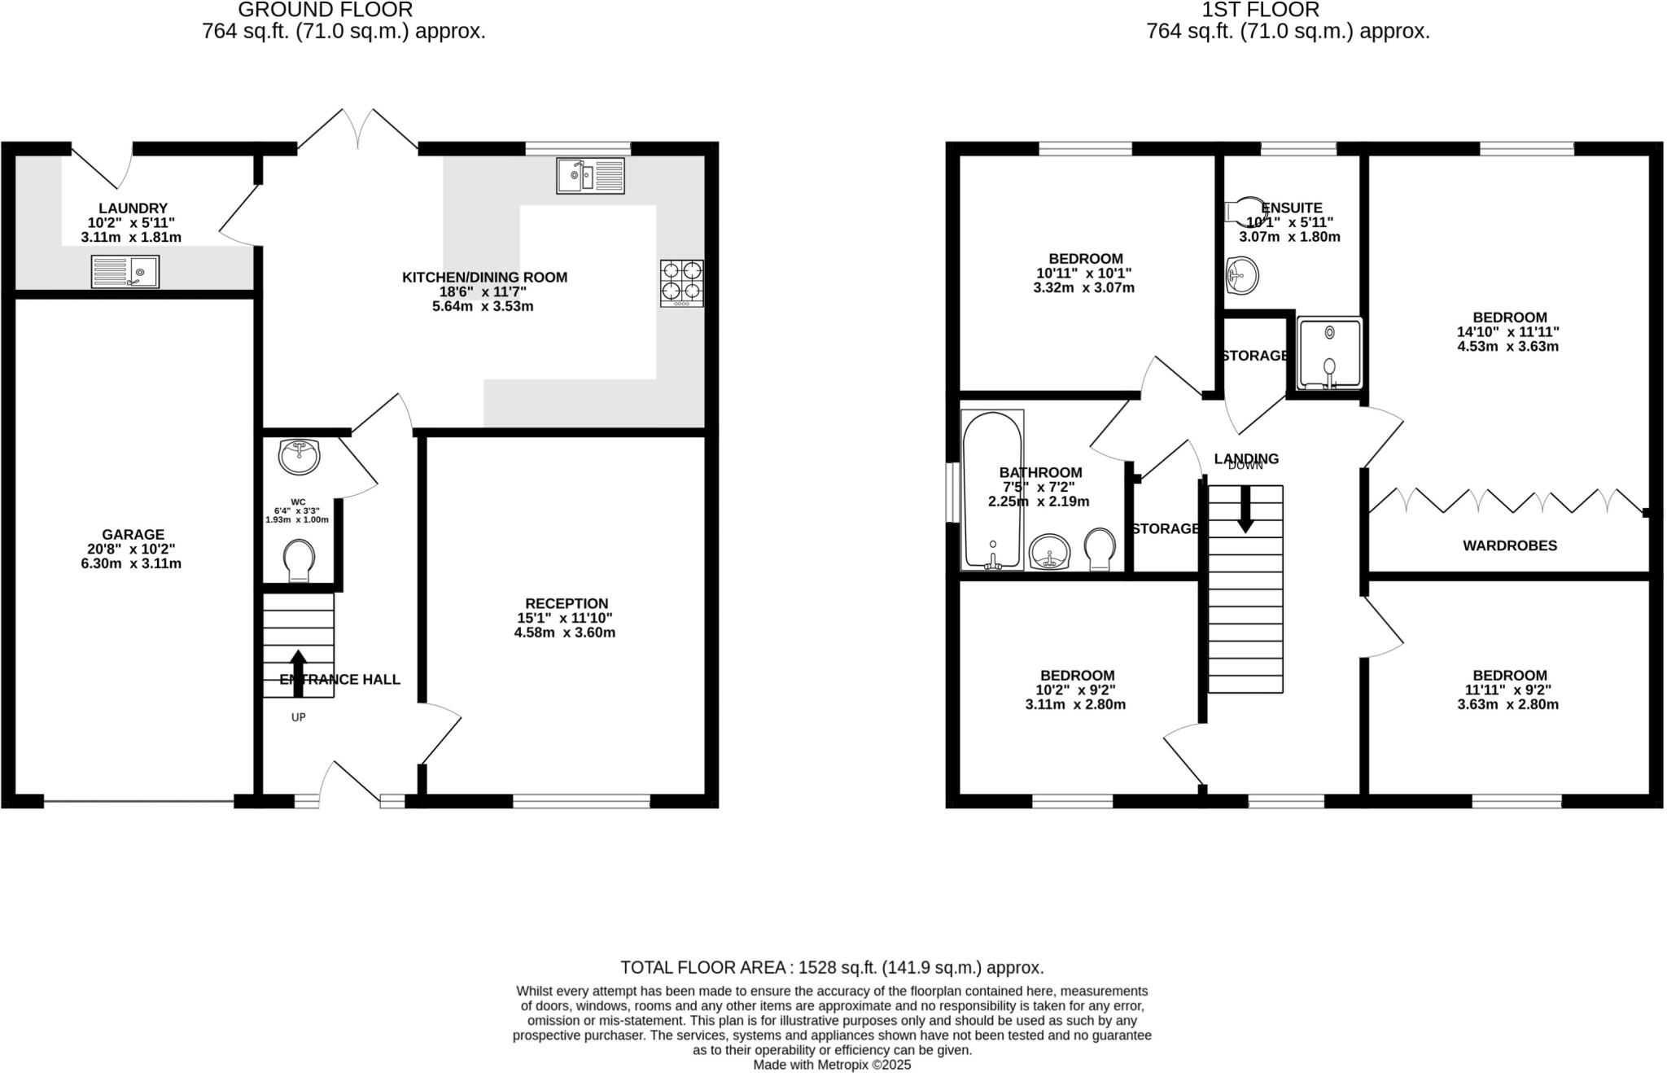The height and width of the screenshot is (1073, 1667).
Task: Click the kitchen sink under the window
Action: [x=590, y=176]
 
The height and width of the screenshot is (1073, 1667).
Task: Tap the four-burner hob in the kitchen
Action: [x=681, y=282]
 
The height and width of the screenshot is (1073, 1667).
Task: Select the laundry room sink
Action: [x=125, y=271]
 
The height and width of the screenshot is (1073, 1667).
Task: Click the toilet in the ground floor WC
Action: [x=299, y=561]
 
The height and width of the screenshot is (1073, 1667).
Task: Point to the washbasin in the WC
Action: [x=299, y=456]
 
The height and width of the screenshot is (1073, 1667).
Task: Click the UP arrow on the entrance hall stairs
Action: [x=298, y=672]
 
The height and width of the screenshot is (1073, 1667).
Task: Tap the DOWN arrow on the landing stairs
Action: [x=1245, y=510]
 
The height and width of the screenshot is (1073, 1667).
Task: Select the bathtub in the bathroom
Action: [x=991, y=490]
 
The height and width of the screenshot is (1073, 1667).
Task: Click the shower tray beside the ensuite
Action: [x=1329, y=353]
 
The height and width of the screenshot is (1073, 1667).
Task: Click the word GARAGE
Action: [x=133, y=535]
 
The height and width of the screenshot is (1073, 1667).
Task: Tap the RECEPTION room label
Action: [x=567, y=603]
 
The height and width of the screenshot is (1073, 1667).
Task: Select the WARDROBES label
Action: [x=1509, y=545]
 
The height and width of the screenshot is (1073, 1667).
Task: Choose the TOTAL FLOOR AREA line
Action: [x=831, y=967]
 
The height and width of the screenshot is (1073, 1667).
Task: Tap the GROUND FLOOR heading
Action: [x=325, y=10]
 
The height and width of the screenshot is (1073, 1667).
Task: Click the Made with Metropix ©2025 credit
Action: [x=832, y=1064]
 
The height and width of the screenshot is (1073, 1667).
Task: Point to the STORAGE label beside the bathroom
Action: [x=1165, y=528]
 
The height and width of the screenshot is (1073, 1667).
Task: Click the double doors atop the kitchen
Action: [x=358, y=130]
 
